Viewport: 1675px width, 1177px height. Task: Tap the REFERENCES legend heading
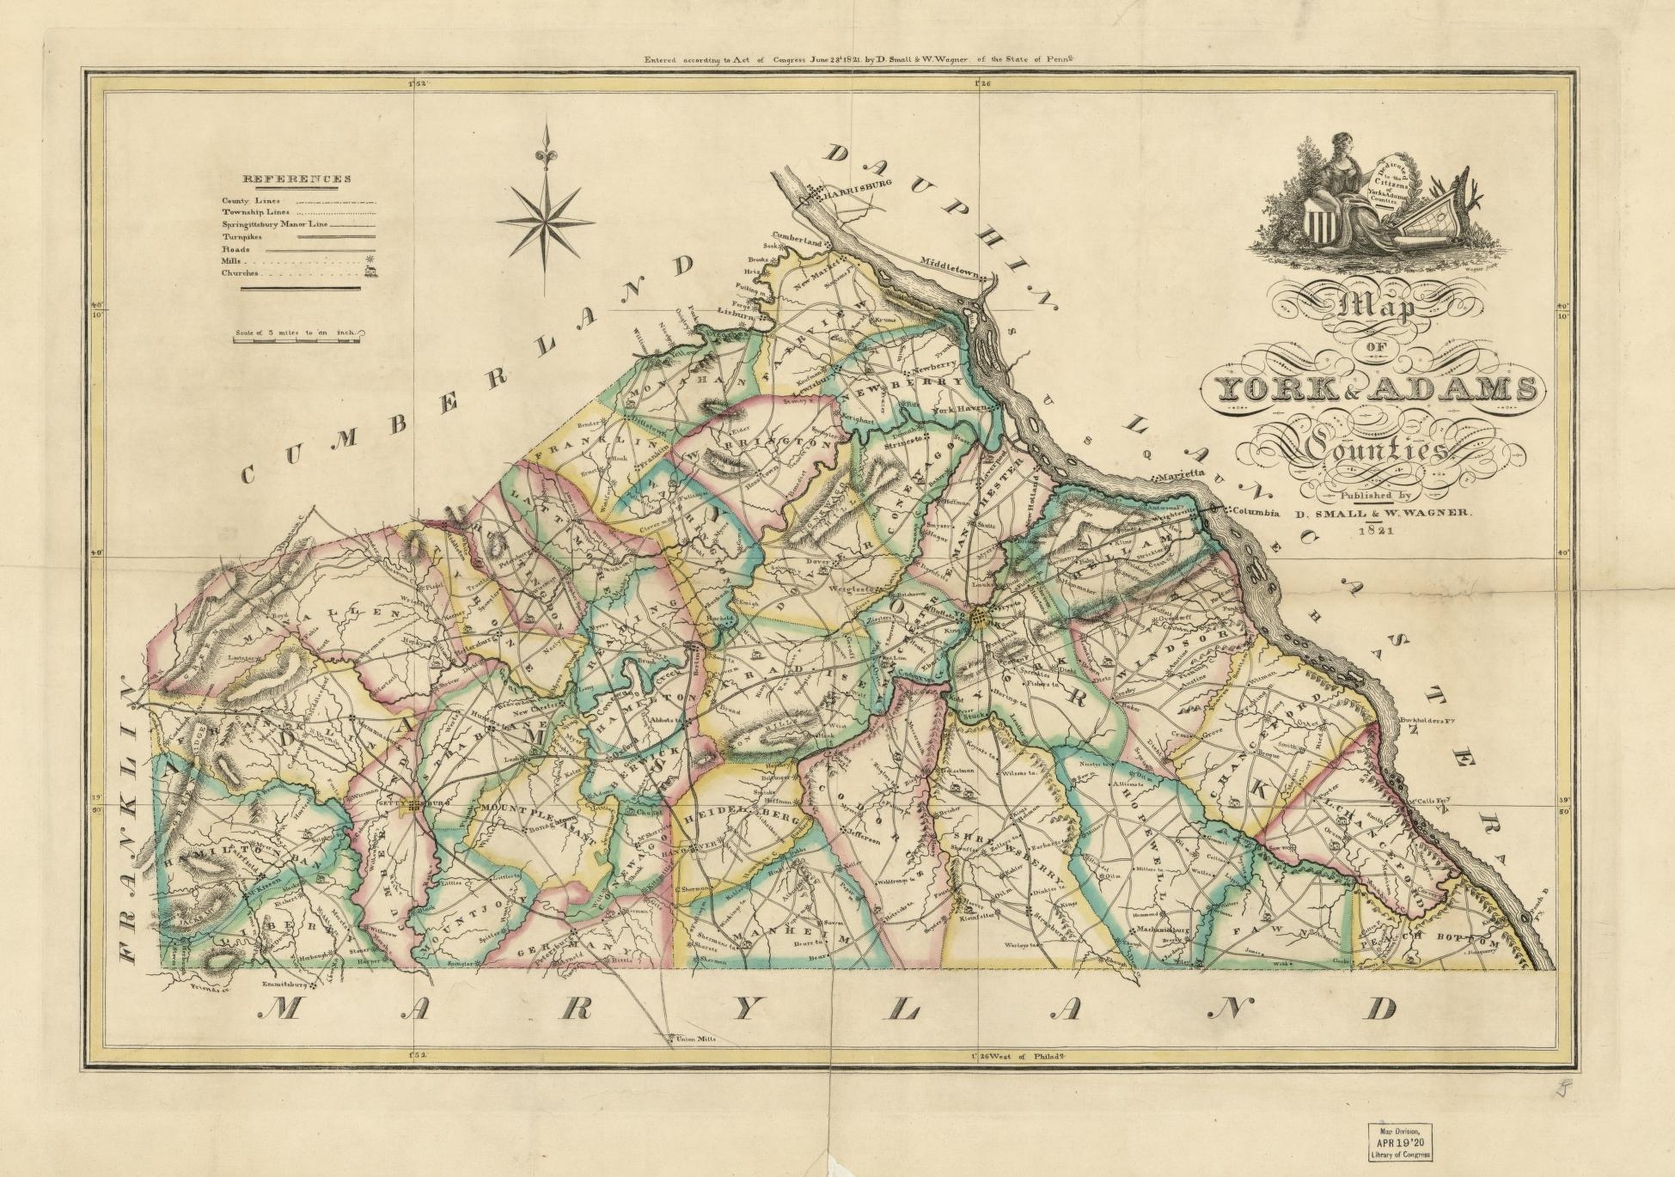297,180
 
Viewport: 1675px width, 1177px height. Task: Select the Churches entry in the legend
241,273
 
